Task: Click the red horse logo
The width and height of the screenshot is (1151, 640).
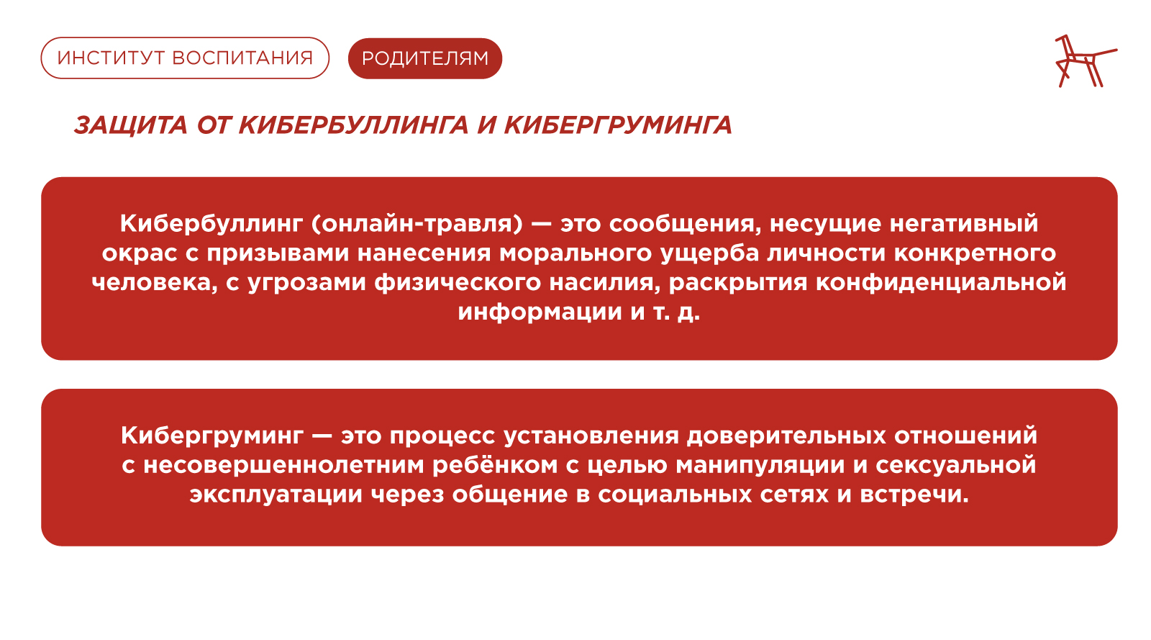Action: tap(1086, 60)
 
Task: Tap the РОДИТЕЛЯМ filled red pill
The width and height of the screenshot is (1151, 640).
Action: tap(425, 58)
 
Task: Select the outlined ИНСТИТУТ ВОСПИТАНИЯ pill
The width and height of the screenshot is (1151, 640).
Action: tap(185, 58)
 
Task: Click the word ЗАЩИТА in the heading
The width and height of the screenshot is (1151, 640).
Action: tap(130, 126)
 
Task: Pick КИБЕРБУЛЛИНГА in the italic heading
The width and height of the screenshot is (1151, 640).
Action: tap(353, 125)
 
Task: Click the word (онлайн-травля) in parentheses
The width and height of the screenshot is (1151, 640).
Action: tap(417, 224)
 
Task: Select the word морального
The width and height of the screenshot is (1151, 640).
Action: tap(575, 253)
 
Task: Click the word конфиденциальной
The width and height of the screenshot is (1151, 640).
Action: tap(941, 283)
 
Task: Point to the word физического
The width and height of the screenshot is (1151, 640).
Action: tap(458, 283)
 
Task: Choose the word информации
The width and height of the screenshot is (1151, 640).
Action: tap(540, 312)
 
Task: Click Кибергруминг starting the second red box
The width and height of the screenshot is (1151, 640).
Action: tap(212, 436)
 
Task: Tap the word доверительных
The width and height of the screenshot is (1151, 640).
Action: tap(786, 436)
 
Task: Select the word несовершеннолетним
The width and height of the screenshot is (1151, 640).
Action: tap(283, 465)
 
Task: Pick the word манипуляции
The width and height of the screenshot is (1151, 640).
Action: tap(760, 466)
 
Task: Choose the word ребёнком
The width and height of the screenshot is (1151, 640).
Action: tap(495, 465)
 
